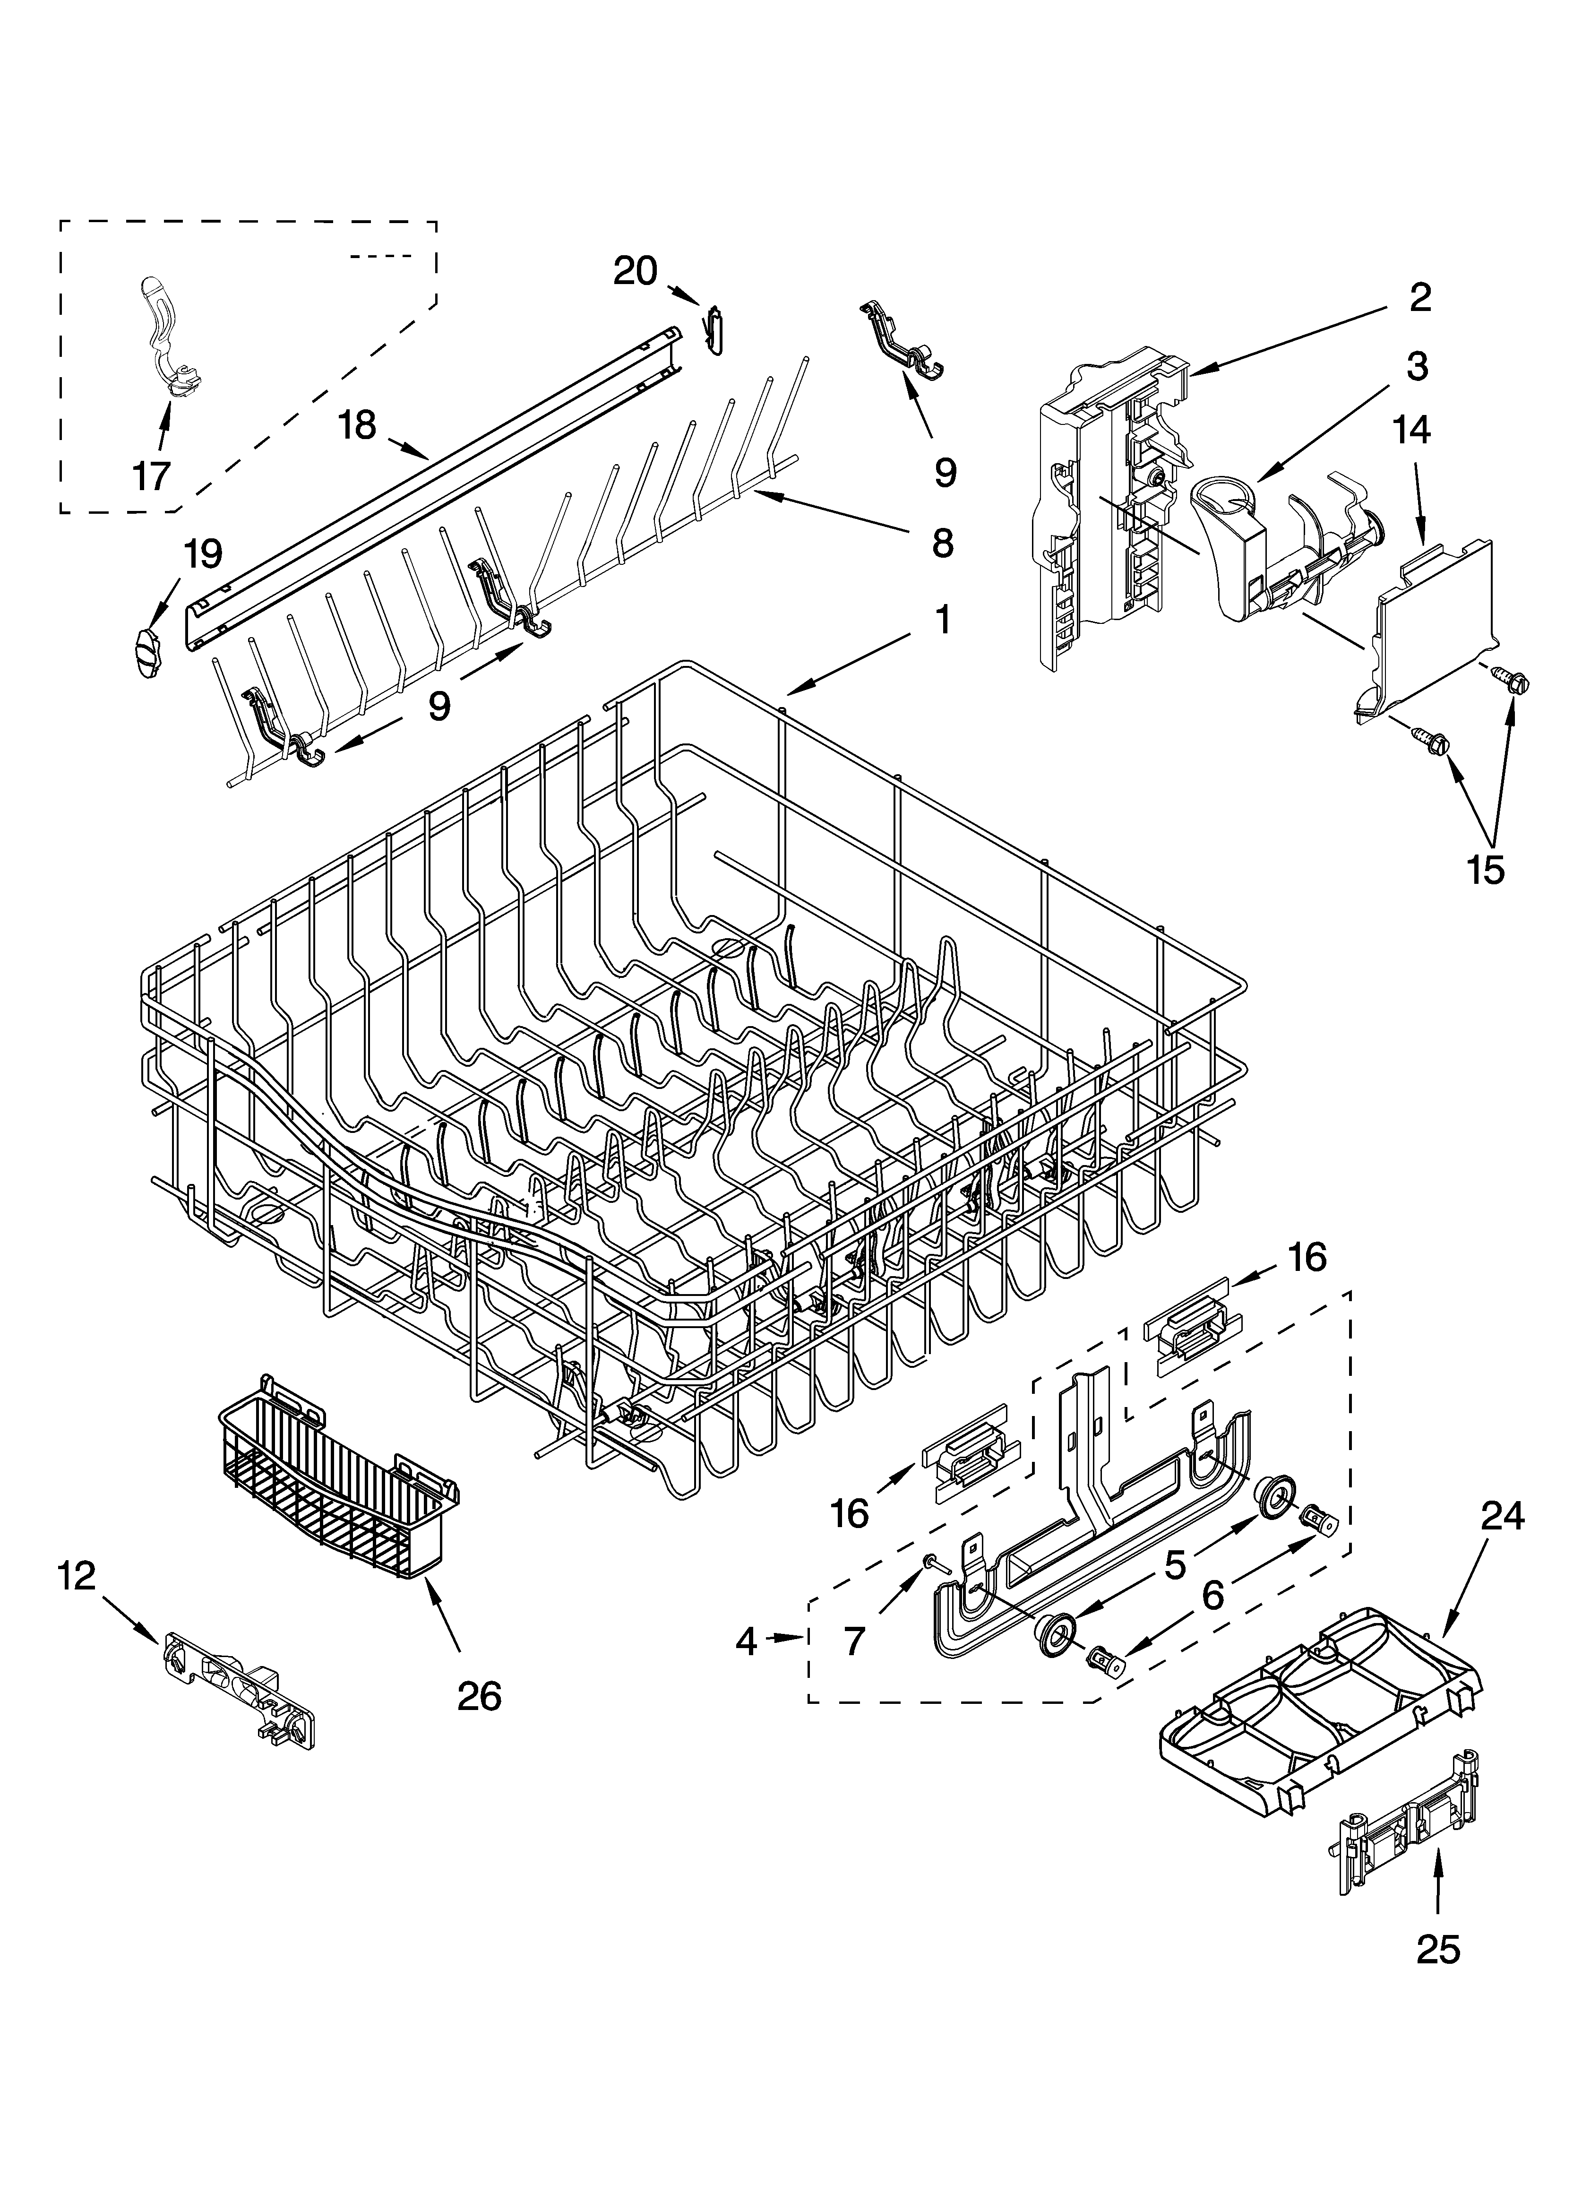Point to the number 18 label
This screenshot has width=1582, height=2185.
click(x=357, y=425)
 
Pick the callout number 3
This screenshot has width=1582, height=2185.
click(x=1416, y=367)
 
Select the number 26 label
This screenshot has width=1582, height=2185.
click(x=479, y=1696)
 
